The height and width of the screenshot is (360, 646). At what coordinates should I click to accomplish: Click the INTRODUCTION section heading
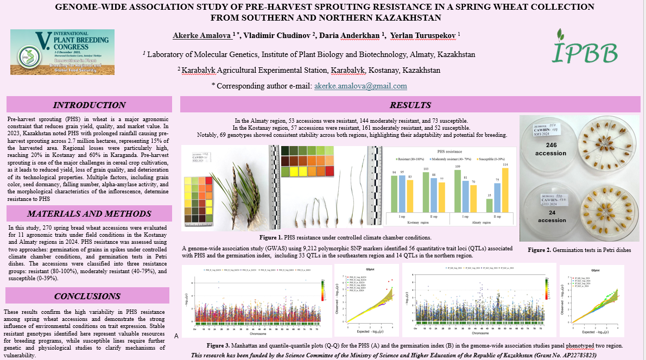88,105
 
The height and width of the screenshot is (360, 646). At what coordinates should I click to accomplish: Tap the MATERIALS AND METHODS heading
88,213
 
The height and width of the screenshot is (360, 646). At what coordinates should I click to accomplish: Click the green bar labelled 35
490,206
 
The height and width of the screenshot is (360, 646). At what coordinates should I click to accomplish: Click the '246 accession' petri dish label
552,149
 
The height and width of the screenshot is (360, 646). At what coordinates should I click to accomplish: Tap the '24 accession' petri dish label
552,217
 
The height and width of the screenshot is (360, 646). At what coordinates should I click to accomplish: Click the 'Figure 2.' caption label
540,250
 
